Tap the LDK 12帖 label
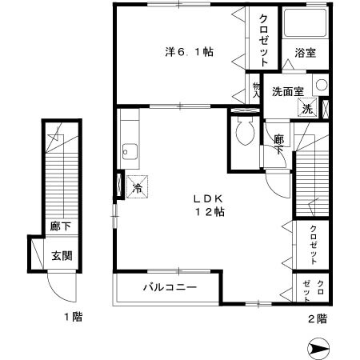pos(212,206)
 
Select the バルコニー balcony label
pos(170,286)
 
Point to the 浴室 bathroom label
pos(305,53)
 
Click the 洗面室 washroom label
pos(287,90)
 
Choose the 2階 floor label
pos(317,318)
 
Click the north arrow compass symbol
pos(318,348)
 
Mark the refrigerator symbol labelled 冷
pos(137,187)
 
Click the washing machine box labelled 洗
pos(307,110)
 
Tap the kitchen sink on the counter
pos(129,150)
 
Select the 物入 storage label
pos(257,90)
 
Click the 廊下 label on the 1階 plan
pos(58,227)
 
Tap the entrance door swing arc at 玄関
pos(60,284)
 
